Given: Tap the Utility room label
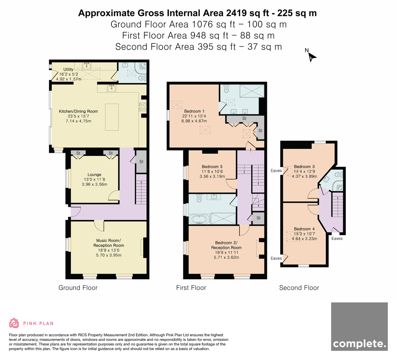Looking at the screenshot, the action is click(x=68, y=69).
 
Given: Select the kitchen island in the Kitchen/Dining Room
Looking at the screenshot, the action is click(x=112, y=117).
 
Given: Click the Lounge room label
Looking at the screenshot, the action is click(x=94, y=175).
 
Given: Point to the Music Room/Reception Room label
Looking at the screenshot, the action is click(x=109, y=243).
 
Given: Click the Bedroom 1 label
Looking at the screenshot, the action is click(x=194, y=111).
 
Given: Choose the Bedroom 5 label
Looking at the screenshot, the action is click(x=212, y=167).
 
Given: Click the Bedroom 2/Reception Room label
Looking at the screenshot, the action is click(x=226, y=245).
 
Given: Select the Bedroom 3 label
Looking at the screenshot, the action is click(x=304, y=166).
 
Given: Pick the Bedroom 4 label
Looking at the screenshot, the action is click(x=304, y=229).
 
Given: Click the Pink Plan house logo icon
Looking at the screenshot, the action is click(x=14, y=323).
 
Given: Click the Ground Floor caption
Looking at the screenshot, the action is click(x=78, y=288).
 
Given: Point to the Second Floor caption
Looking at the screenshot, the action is click(x=299, y=288).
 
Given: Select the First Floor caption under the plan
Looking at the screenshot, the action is click(x=191, y=288).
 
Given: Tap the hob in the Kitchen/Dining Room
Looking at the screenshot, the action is click(x=143, y=107).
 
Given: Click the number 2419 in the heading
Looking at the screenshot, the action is click(x=236, y=13).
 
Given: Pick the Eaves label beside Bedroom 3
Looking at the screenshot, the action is click(x=276, y=171).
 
